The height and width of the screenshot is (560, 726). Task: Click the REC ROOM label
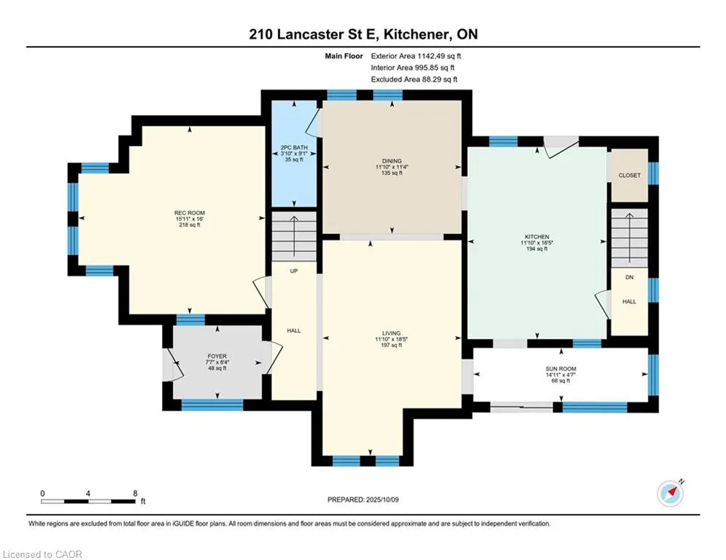coord(190,213)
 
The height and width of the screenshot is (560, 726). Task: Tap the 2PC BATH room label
coord(294,147)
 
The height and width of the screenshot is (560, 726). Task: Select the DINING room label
coord(392,161)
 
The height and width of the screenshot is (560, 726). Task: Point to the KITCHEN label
coord(537,236)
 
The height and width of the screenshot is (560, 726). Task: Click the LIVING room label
coord(391,333)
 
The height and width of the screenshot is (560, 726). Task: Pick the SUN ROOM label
coord(560,369)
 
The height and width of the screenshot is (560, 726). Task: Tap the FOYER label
coord(217,357)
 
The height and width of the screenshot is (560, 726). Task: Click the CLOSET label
coord(630,176)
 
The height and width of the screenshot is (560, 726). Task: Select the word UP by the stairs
coord(293,271)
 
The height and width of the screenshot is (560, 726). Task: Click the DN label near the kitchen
coord(629,277)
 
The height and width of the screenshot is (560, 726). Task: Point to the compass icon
coord(671,494)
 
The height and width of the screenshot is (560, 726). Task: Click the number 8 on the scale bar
coord(135,494)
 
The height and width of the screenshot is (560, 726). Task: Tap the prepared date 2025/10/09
coord(382,499)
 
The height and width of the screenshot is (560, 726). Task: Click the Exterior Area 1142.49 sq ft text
coord(416,56)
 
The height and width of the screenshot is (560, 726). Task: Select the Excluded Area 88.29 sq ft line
coord(414,79)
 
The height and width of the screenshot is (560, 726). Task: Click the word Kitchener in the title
coord(415,34)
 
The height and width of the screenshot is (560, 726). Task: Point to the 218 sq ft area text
coord(190,225)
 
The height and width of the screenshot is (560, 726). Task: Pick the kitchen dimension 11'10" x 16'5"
coord(537,243)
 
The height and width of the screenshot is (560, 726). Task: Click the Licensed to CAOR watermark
coord(42,554)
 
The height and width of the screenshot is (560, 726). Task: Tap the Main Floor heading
coord(344,56)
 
